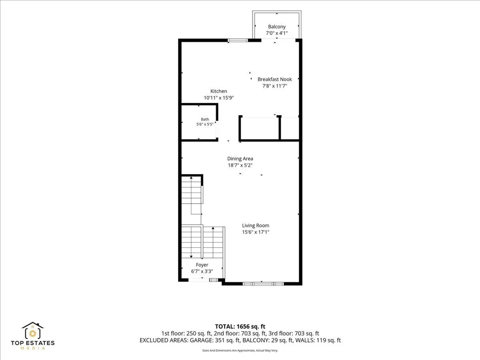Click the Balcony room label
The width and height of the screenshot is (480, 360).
tap(277, 27)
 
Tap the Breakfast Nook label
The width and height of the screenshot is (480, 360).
tap(275, 79)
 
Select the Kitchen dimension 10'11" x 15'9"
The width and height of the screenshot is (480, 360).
tap(219, 98)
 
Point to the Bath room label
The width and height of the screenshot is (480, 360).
tap(205, 119)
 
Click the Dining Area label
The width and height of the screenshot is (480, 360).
tap(240, 159)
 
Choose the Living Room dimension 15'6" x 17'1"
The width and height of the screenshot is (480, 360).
tap(255, 232)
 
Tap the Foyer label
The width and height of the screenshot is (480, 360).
tap(202, 265)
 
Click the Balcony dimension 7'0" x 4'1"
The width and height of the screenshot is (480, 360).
tap(277, 33)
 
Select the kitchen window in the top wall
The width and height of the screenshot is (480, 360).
tap(238, 40)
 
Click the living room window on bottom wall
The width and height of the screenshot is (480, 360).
tap(263, 284)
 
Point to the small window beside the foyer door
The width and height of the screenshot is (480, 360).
tap(214, 280)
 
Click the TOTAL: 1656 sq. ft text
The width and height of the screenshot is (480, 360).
tap(240, 327)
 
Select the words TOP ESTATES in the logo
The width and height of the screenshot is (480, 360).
tap(33, 343)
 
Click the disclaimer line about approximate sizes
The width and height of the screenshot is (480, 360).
tap(240, 350)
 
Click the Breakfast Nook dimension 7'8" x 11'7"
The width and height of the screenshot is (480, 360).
tap(275, 86)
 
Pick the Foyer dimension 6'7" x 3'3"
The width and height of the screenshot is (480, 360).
tap(202, 271)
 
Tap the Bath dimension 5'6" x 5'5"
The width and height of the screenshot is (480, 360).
tap(205, 124)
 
